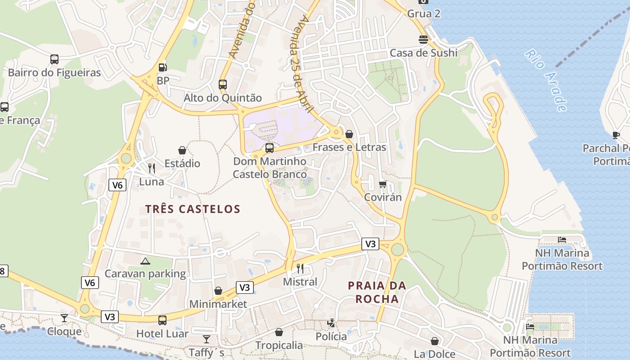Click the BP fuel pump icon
point(163,68)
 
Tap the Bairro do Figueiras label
point(54,72)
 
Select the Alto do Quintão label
point(222,98)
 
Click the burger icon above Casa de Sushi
point(423,40)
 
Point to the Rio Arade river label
point(545,81)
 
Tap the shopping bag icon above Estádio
point(182,150)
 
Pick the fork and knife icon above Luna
point(152,168)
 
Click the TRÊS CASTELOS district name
point(193,209)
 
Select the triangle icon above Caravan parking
point(145,261)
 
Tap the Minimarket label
point(218,304)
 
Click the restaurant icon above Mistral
point(300,269)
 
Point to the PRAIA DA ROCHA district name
point(377,292)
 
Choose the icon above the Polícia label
point(331,323)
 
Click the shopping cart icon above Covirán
point(383,184)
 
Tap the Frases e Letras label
point(349,147)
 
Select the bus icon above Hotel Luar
point(162,320)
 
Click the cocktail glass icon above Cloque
point(64,318)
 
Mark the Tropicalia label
point(279,346)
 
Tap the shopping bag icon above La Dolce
point(435,341)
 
